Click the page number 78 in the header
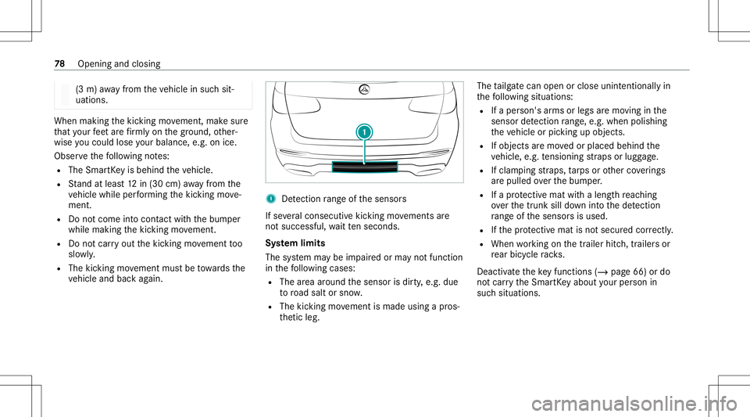point(59,63)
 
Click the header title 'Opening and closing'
point(119,63)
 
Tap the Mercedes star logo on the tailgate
point(365,89)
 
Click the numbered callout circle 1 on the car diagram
point(365,132)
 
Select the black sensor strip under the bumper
point(365,167)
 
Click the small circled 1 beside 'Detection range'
point(271,199)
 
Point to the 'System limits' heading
point(295,243)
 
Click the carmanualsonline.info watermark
point(634,404)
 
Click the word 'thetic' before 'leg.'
point(291,317)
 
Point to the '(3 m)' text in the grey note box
point(85,89)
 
